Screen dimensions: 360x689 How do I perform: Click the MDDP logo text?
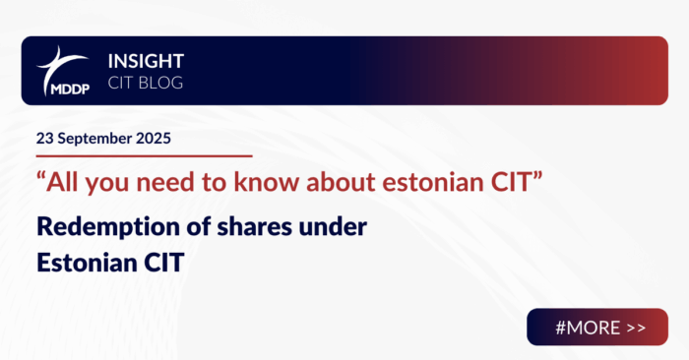pos(62,88)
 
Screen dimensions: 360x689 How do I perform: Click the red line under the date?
pos(144,155)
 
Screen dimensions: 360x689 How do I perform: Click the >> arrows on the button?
pos(637,327)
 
